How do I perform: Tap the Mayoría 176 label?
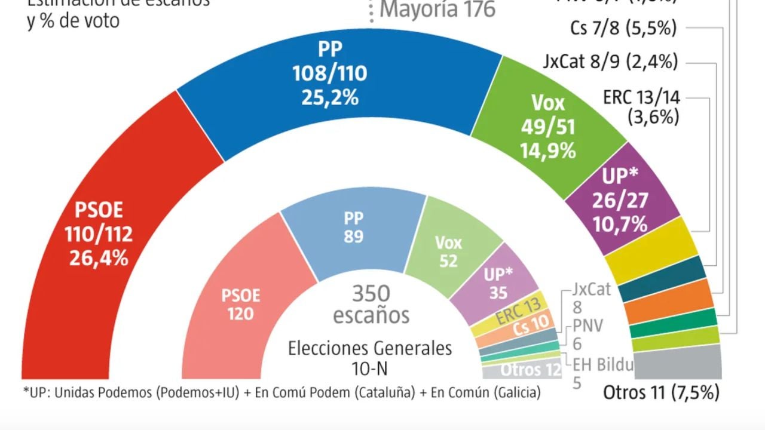[437, 10]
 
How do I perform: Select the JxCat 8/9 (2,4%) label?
[610, 62]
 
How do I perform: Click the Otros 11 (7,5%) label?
[661, 393]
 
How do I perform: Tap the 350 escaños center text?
[371, 304]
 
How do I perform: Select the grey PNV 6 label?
[587, 334]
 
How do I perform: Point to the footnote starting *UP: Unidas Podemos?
[281, 393]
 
